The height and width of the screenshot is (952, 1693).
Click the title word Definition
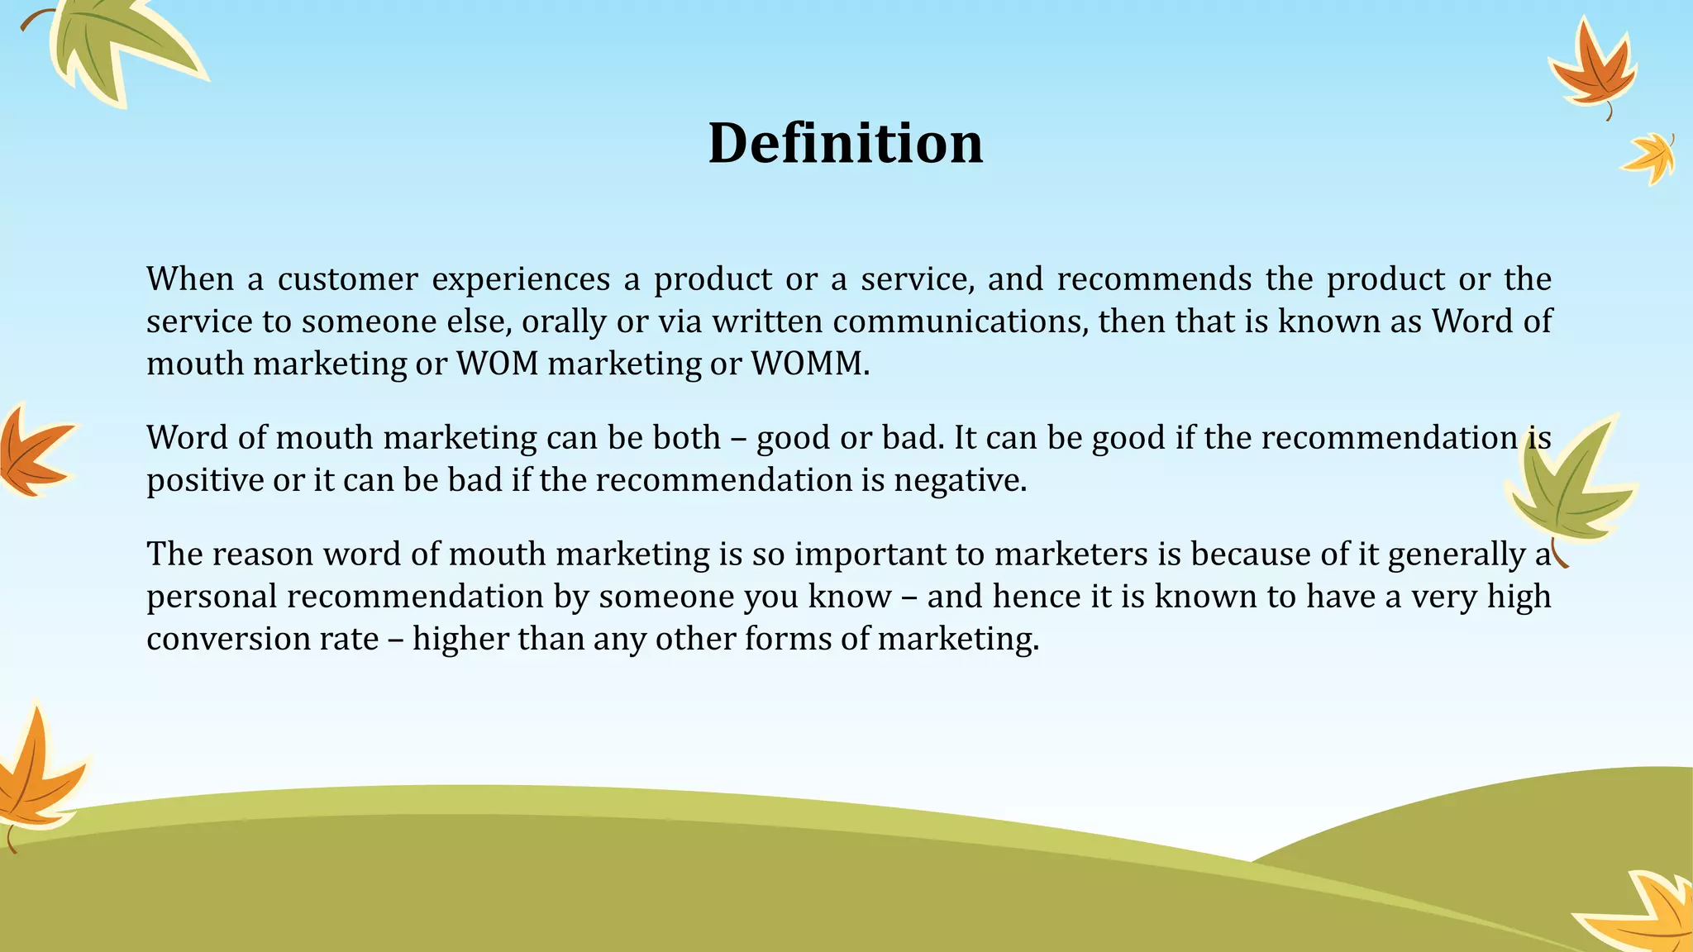pos(846,143)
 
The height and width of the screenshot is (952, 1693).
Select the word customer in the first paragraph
pos(347,279)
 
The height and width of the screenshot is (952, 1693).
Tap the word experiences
pos(521,279)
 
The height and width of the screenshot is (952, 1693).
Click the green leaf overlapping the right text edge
pos(1571,488)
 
